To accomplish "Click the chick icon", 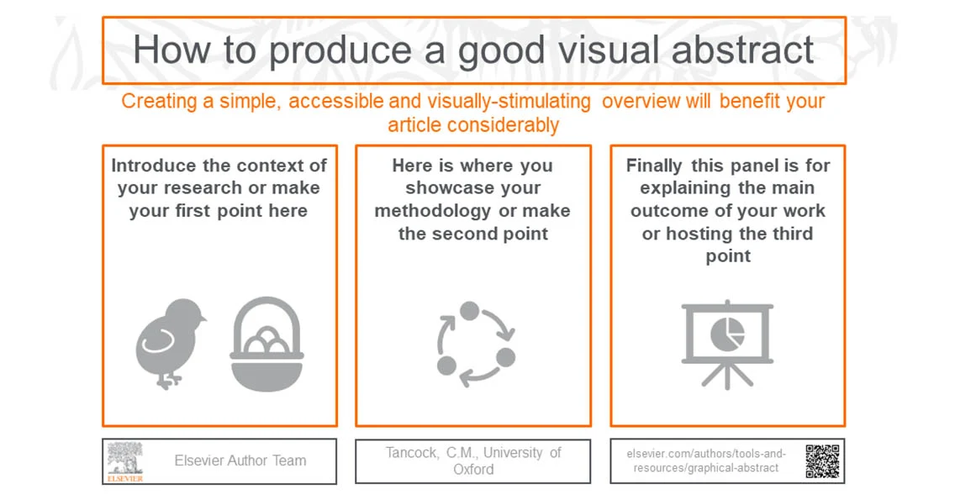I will coord(171,345).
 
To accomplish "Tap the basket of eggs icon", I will coord(266,345).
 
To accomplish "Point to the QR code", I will coord(822,461).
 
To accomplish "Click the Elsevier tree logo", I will coord(125,461).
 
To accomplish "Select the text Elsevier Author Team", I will coord(240,461).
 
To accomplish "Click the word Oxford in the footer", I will coord(473,470).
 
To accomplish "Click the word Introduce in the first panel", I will coord(153,166).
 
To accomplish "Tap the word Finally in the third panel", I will coord(654,166).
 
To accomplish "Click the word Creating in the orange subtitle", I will coord(156,102).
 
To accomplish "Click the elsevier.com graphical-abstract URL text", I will coord(706,461).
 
